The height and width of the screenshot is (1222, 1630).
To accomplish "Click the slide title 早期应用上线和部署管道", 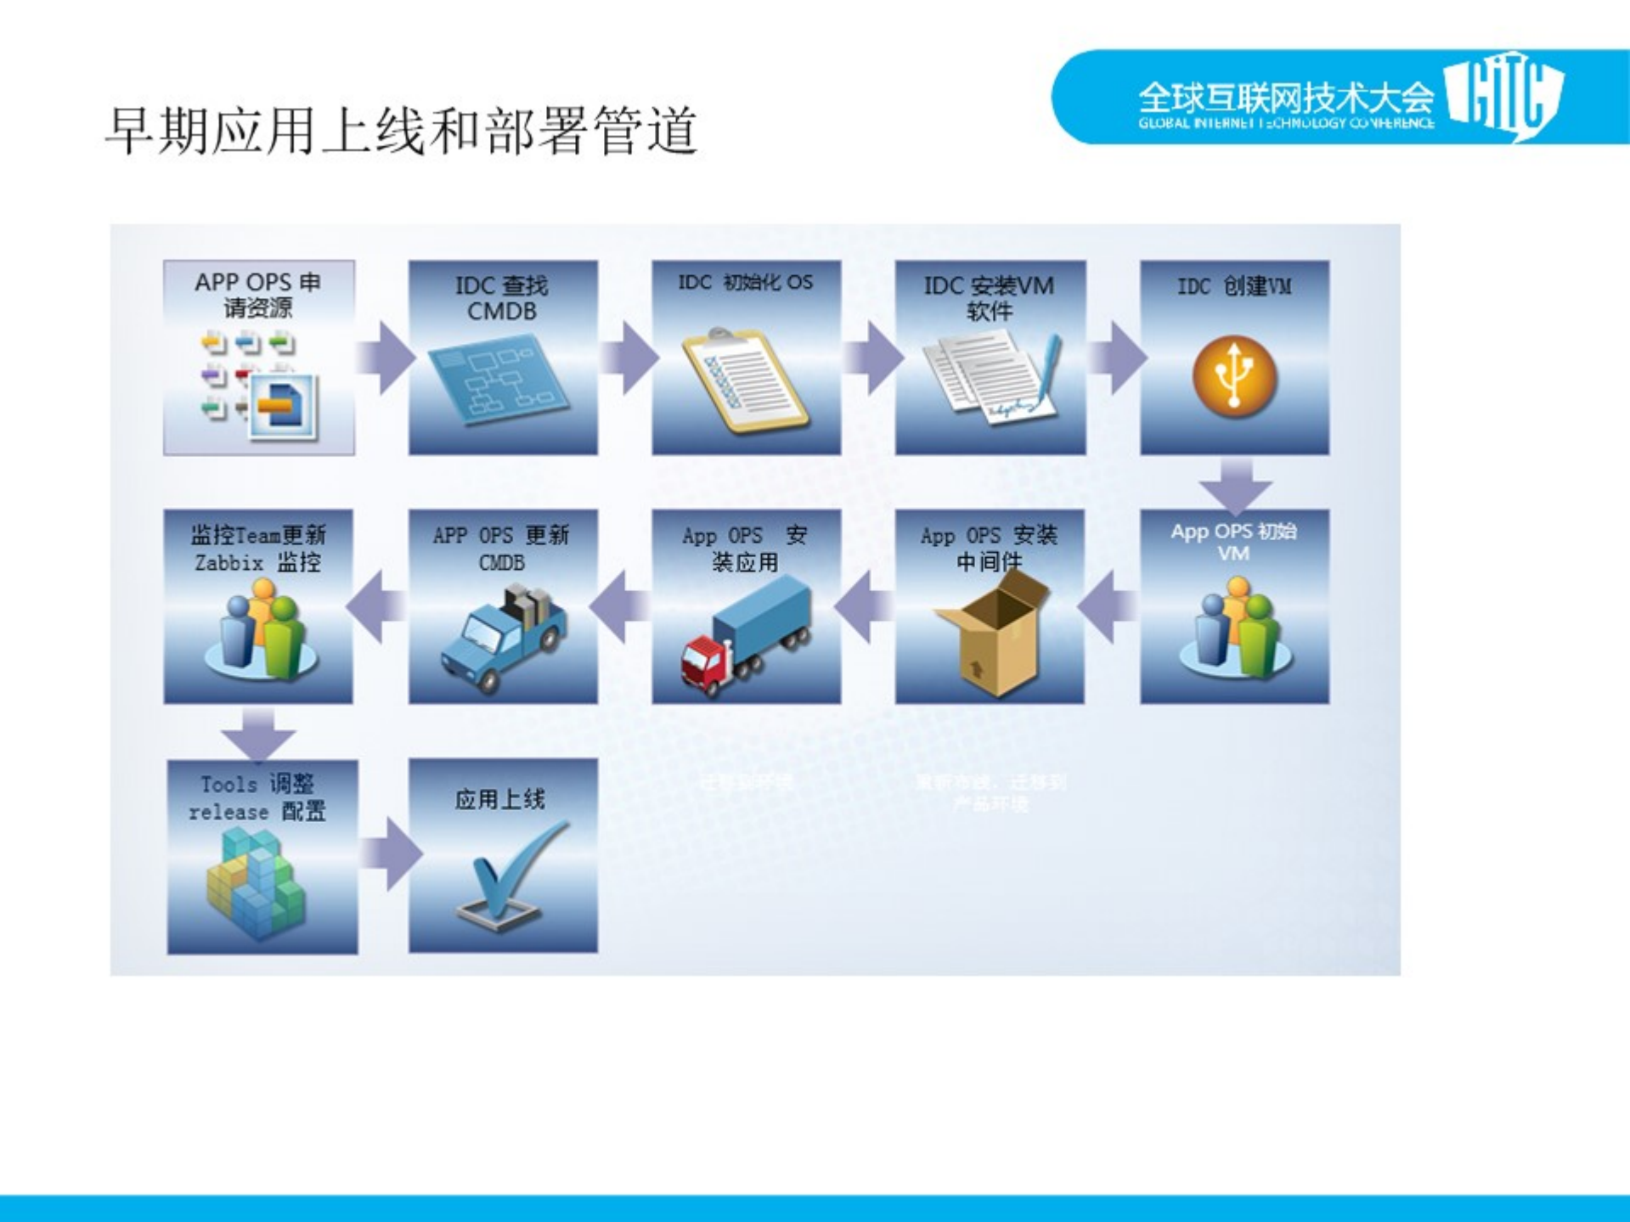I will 401,131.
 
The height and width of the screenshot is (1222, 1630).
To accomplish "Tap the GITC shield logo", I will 1504,96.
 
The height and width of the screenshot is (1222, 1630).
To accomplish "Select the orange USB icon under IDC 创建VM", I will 1234,377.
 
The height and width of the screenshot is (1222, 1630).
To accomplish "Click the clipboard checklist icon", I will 745,380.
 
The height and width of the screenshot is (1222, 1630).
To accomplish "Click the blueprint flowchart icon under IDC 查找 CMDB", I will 499,379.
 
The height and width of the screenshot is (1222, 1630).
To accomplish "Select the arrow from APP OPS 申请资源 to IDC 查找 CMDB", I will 385,358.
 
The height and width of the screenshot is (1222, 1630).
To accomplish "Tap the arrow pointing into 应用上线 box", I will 392,853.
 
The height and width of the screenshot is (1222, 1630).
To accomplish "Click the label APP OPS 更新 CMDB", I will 501,549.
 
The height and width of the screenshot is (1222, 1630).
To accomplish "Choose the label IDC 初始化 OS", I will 745,283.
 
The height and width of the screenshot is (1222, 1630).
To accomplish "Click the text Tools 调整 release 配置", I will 257,798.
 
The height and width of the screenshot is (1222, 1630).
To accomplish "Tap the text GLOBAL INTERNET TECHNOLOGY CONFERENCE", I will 1286,123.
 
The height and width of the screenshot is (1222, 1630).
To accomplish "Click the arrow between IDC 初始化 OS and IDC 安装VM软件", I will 871,358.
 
